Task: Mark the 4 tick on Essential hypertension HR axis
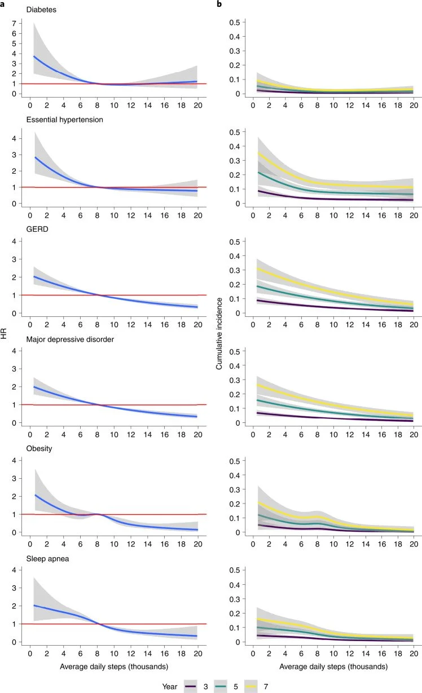click(11, 138)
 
